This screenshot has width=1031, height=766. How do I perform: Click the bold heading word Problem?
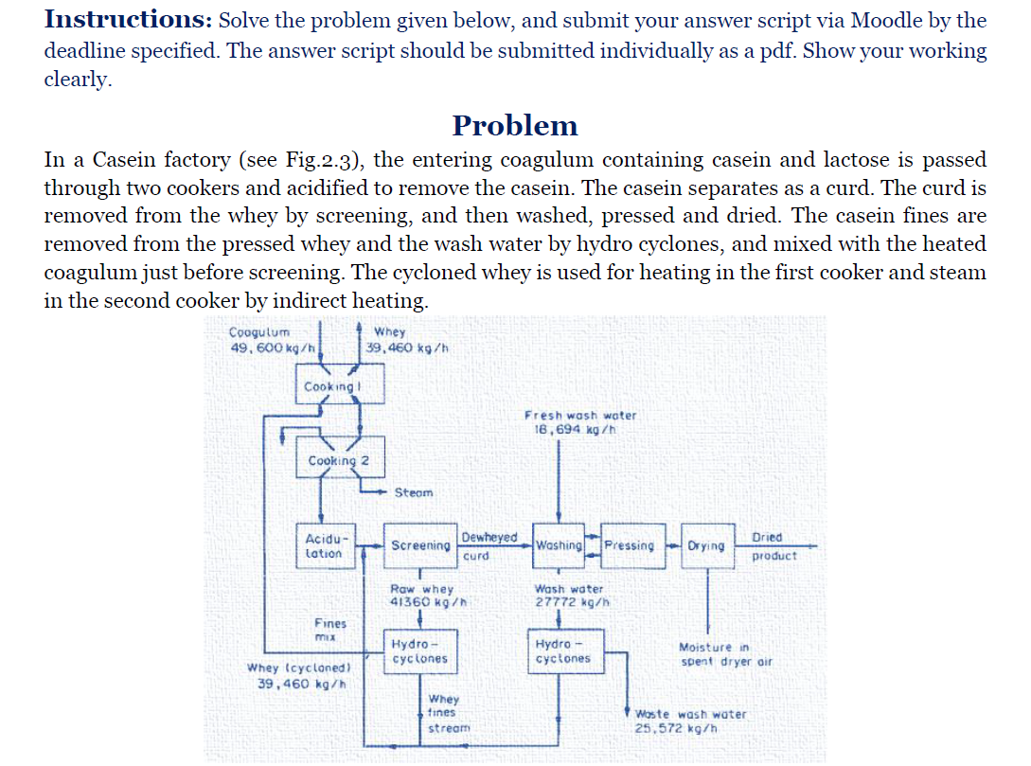pyautogui.click(x=515, y=125)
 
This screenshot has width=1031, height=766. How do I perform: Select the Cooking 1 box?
pyautogui.click(x=329, y=387)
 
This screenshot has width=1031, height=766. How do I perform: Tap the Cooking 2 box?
pyautogui.click(x=339, y=460)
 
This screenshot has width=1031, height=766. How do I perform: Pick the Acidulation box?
pyautogui.click(x=325, y=545)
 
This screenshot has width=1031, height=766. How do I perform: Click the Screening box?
pyautogui.click(x=420, y=545)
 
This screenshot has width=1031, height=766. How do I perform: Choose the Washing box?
pyautogui.click(x=559, y=545)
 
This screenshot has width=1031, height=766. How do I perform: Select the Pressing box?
pyautogui.click(x=630, y=545)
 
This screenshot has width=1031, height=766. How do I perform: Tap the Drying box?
pyautogui.click(x=706, y=545)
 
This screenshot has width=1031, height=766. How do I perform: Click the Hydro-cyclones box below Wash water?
pyautogui.click(x=563, y=651)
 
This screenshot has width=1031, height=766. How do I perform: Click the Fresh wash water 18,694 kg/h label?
pyautogui.click(x=580, y=421)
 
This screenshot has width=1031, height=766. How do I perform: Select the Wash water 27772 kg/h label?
pyautogui.click(x=569, y=595)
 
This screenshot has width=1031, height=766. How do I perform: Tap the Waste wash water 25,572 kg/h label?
pyautogui.click(x=690, y=721)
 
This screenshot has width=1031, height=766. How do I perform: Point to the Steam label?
pyautogui.click(x=413, y=492)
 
